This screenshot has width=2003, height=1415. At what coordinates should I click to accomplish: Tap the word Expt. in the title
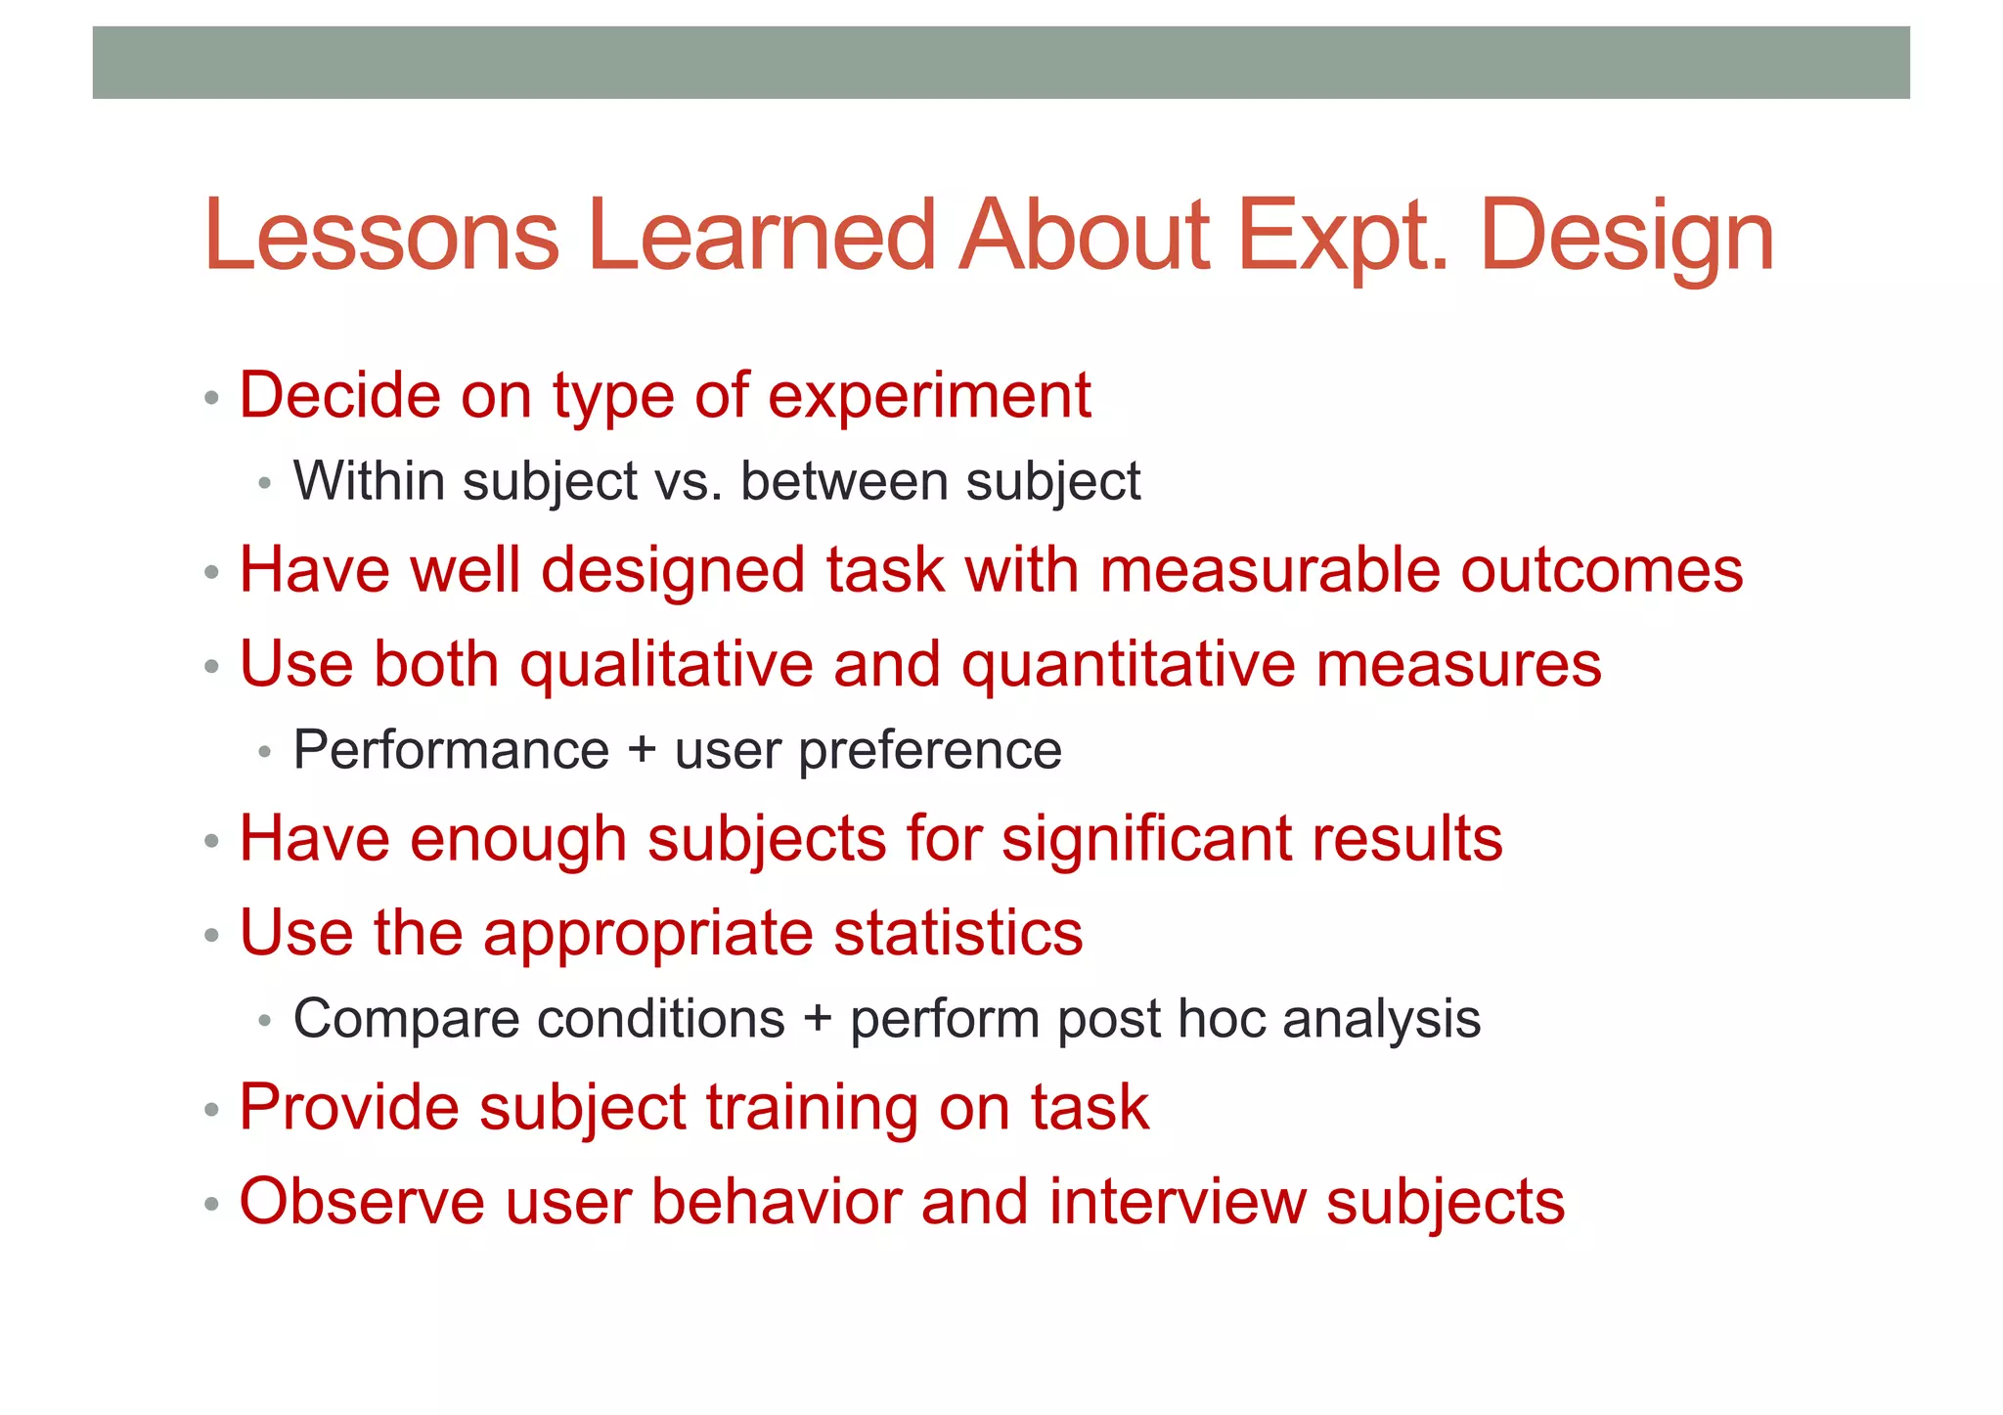1343,237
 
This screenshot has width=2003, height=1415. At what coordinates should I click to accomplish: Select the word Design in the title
1626,239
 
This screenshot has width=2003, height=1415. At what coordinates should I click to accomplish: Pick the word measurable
1269,569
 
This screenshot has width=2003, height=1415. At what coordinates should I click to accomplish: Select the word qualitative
666,665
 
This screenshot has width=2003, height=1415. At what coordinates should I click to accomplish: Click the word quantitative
1128,665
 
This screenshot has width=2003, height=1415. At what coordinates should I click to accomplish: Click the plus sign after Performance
642,751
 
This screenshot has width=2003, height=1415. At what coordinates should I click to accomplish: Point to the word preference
929,751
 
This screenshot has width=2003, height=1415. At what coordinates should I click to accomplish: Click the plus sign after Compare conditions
817,1020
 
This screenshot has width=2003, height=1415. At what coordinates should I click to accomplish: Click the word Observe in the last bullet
362,1202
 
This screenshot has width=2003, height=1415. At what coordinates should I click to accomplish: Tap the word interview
1178,1202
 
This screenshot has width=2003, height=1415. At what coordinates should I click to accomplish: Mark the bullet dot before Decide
211,399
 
